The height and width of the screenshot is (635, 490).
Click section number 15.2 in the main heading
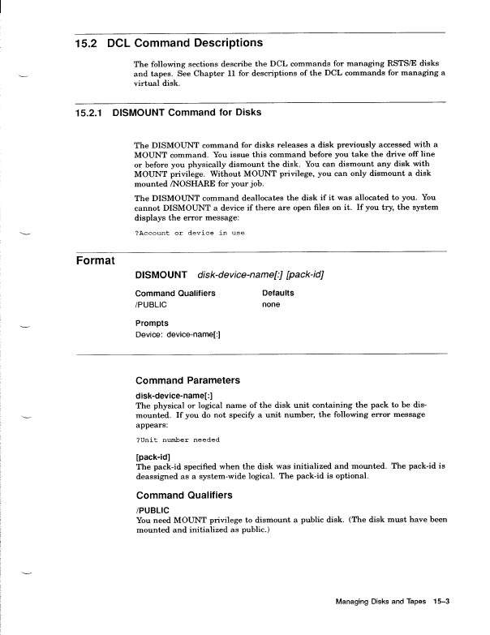(87, 42)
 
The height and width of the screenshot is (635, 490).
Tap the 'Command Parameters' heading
(187, 380)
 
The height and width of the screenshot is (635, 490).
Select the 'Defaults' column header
(278, 293)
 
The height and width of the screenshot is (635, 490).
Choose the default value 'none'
(271, 304)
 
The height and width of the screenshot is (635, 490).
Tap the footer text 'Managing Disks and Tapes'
(380, 603)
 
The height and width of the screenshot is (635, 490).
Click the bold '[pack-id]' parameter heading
(153, 457)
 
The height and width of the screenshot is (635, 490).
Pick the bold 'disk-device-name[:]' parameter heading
(174, 396)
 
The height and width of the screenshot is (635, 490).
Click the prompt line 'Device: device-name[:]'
(178, 333)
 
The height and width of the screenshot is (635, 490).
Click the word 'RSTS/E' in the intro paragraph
(378, 63)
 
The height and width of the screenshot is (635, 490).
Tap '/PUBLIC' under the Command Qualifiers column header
(150, 304)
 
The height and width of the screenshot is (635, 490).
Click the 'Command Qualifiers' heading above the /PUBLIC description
(184, 495)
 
